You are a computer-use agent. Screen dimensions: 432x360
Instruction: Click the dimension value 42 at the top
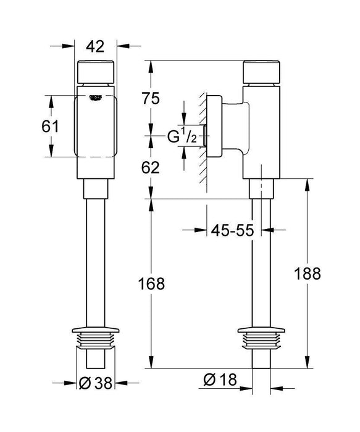[94, 46]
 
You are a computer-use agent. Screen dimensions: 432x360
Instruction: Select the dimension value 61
[49, 127]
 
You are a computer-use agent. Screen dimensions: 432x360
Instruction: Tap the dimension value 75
[151, 98]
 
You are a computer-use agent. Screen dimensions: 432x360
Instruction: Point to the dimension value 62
[151, 167]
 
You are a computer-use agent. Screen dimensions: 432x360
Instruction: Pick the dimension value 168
[151, 283]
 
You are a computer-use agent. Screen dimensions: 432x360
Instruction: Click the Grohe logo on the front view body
[95, 96]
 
